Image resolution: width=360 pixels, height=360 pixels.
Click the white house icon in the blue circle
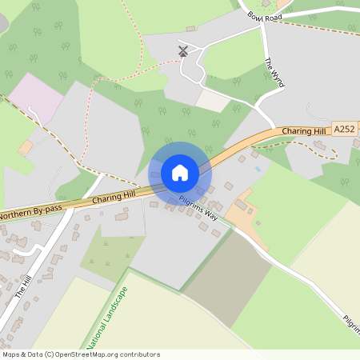[x=180, y=173]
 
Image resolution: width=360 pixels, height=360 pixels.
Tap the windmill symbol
[x=183, y=51]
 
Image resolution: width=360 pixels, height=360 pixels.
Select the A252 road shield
[x=344, y=128]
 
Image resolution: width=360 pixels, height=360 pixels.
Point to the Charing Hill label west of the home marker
[x=114, y=196]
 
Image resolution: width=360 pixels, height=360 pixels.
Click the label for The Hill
[x=24, y=285]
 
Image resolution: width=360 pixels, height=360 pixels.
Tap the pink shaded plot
[x=36, y=95]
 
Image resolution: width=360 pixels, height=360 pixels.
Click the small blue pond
[x=257, y=170]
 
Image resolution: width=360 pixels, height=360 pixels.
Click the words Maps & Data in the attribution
[x=22, y=354]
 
